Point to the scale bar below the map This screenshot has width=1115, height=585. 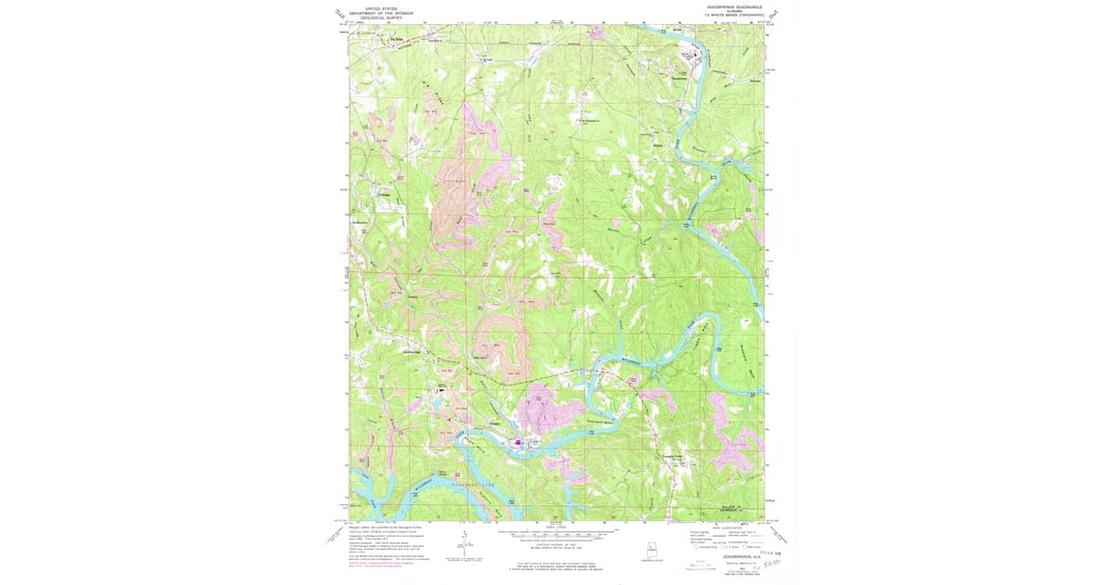[557, 536]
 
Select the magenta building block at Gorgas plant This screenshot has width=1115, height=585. [518, 441]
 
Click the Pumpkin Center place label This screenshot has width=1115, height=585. [677, 456]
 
